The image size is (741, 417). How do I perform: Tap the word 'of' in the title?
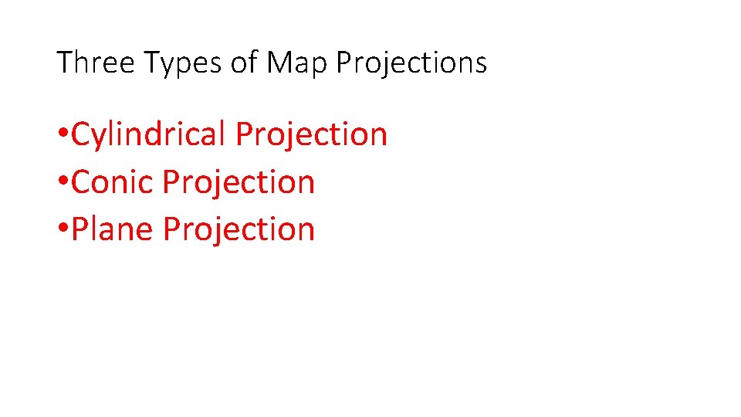pyautogui.click(x=244, y=63)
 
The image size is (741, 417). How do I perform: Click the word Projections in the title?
pyautogui.click(x=411, y=63)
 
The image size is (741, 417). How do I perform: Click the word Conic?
pyautogui.click(x=113, y=182)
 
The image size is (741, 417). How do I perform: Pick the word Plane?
pyautogui.click(x=113, y=229)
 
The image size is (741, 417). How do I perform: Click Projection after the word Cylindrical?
pyautogui.click(x=311, y=134)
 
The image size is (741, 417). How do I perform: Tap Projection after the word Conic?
pyautogui.click(x=239, y=182)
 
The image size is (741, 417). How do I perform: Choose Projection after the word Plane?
pyautogui.click(x=239, y=229)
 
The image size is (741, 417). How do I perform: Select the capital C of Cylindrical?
pyautogui.click(x=80, y=134)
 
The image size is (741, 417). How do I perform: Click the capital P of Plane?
pyautogui.click(x=79, y=229)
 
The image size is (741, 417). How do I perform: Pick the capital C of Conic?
pyautogui.click(x=80, y=182)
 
